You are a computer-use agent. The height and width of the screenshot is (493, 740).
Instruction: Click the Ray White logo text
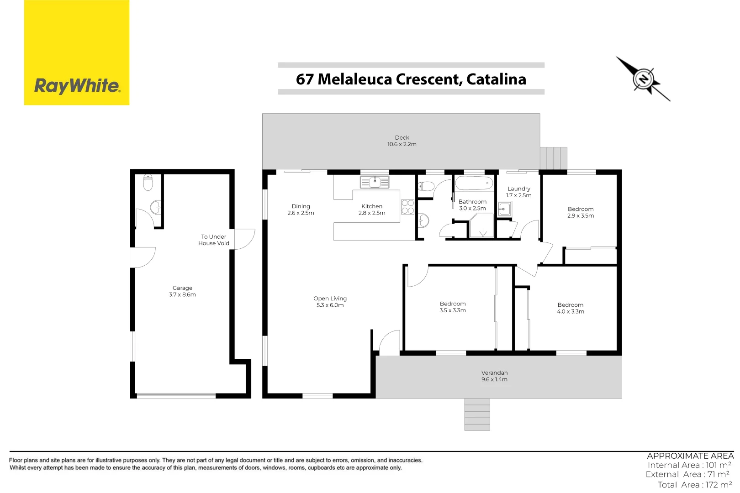click(x=77, y=86)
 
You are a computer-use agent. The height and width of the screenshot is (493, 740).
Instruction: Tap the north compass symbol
click(x=643, y=79)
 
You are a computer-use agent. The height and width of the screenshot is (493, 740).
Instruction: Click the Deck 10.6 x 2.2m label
click(x=402, y=141)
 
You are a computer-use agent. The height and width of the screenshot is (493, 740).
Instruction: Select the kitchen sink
click(x=375, y=182)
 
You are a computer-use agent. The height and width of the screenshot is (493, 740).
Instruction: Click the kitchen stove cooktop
click(x=407, y=207)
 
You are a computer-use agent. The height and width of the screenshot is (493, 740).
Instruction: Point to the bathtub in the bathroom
click(x=474, y=184)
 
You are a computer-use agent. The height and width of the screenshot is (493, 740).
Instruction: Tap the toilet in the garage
click(x=148, y=182)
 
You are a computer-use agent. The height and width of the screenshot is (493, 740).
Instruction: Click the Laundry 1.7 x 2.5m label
click(x=519, y=192)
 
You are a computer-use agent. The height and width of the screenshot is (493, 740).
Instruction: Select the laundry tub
click(x=504, y=210)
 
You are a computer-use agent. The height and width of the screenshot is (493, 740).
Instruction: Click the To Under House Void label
click(x=214, y=240)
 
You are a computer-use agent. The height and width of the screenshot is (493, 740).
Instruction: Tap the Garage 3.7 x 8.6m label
click(x=182, y=291)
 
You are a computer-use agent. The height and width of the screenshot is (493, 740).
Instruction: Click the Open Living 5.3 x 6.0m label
click(x=330, y=302)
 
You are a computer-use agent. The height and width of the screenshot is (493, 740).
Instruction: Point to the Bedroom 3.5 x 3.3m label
click(x=453, y=307)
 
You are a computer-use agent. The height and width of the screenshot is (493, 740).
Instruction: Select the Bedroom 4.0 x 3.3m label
click(x=571, y=308)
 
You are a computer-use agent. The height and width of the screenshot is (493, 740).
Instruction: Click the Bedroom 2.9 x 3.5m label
click(x=581, y=212)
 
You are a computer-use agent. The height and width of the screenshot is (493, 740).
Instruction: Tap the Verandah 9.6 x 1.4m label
click(x=494, y=376)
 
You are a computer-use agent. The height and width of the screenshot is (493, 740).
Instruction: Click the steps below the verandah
click(x=477, y=414)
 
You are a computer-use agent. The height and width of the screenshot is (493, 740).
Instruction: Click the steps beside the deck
click(x=553, y=158)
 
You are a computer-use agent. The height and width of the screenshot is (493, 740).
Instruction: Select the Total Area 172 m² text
click(x=694, y=485)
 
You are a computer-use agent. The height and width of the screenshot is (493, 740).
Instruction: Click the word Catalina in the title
click(x=496, y=79)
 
